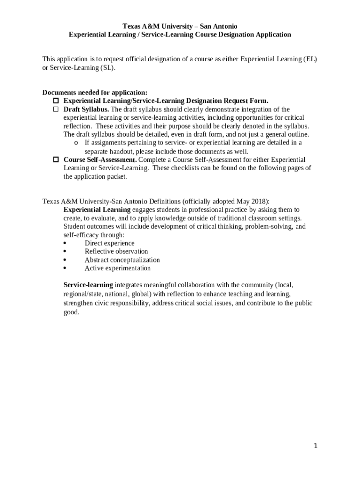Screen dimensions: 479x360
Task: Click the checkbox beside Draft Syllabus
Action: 55,109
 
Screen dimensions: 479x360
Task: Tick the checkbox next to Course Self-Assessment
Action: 55,160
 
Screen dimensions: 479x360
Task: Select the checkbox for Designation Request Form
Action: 55,101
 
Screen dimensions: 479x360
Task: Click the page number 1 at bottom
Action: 316,446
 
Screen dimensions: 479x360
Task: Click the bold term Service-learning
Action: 88,285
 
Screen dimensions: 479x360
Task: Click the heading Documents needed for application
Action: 95,93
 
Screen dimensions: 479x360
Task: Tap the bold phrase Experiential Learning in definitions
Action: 97,210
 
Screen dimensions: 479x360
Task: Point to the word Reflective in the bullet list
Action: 98,252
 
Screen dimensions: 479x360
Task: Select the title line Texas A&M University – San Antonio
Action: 180,26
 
